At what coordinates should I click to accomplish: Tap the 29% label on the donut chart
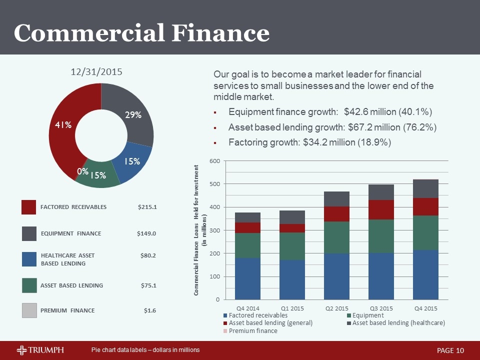point(133,115)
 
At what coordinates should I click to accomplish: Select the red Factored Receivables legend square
point(29,207)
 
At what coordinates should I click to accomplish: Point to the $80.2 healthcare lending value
point(148,256)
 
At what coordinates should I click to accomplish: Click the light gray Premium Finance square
point(29,310)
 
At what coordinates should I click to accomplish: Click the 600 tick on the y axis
point(213,161)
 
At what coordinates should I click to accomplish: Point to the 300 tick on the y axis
point(213,230)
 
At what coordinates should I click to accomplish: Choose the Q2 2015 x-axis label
point(336,307)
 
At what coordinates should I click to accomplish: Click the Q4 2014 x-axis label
point(247,307)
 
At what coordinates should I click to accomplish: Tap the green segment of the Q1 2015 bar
point(292,246)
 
